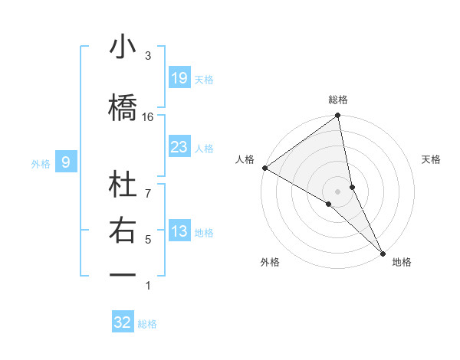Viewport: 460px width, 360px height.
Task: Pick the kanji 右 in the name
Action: pyautogui.click(x=123, y=231)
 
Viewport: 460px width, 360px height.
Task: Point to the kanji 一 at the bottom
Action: pyautogui.click(x=123, y=274)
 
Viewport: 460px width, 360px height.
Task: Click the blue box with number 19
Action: pyautogui.click(x=179, y=78)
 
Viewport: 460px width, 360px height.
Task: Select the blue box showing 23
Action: pyautogui.click(x=179, y=147)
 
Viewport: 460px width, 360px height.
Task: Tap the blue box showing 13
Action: pyautogui.click(x=179, y=232)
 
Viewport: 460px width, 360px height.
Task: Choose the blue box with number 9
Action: pyautogui.click(x=67, y=162)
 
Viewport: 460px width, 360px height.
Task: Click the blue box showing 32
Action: pyautogui.click(x=123, y=322)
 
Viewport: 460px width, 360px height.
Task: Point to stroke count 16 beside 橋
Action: pyautogui.click(x=148, y=117)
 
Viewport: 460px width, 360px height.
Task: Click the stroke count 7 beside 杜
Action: pyautogui.click(x=148, y=185)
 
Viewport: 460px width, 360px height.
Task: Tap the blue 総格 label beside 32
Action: pyautogui.click(x=148, y=324)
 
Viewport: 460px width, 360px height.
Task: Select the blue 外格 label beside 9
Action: pyautogui.click(x=41, y=163)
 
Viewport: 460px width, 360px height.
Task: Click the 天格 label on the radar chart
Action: pyautogui.click(x=432, y=159)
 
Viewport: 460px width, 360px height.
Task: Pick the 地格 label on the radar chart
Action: pyautogui.click(x=402, y=262)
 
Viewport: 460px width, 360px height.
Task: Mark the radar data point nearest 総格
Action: pyautogui.click(x=337, y=116)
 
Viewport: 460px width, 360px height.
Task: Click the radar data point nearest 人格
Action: pyautogui.click(x=264, y=168)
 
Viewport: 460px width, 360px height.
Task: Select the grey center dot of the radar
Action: pyautogui.click(x=337, y=190)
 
